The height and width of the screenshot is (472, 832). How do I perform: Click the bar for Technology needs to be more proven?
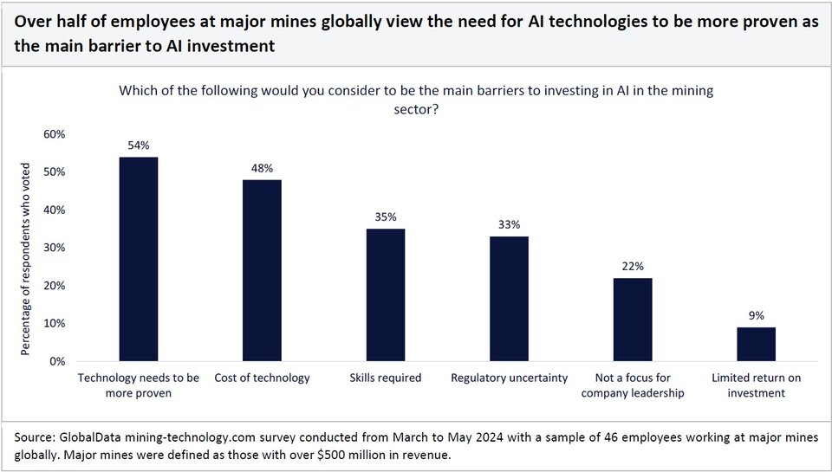139,259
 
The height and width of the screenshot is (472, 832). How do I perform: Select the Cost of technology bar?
262,270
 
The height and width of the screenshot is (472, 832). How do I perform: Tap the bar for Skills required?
386,294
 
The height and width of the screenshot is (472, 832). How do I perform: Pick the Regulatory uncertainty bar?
509,299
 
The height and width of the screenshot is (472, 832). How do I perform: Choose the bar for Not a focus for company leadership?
633,320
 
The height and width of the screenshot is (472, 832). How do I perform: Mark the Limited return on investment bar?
756,344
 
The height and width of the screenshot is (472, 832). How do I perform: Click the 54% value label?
139,145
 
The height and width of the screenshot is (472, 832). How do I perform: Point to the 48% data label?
262,168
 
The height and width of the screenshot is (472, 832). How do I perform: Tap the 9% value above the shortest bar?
756,316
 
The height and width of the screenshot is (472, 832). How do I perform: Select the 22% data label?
633,267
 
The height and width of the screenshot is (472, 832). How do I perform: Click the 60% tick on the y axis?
54,134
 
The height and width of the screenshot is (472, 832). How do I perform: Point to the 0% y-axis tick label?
57,361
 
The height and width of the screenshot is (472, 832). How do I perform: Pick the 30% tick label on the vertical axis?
54,248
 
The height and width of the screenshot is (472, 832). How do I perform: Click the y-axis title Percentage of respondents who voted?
27,257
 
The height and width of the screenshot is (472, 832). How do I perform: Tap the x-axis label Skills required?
386,378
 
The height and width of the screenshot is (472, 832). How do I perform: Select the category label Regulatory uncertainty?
509,378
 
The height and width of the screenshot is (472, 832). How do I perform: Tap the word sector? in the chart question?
416,108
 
